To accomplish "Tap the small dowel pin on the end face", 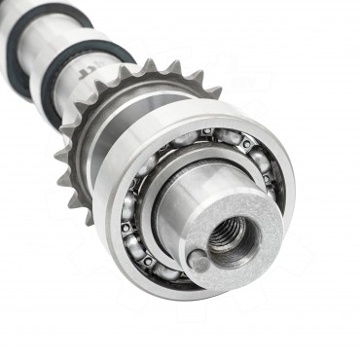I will pyautogui.click(x=198, y=261).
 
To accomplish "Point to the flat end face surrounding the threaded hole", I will pyautogui.click(x=255, y=255).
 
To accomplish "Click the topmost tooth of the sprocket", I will pyautogui.click(x=148, y=67).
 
